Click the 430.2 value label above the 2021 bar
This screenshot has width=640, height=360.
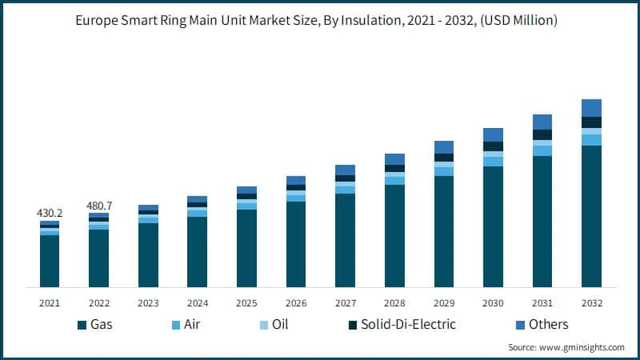tap(49, 214)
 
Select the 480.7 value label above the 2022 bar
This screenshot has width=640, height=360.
tap(98, 206)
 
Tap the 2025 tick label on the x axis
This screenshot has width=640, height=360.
tap(246, 303)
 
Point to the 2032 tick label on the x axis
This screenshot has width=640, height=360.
tap(591, 303)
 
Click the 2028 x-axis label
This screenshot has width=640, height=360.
tap(394, 303)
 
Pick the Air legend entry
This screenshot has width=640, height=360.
tap(186, 324)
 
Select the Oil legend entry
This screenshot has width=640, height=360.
tap(274, 324)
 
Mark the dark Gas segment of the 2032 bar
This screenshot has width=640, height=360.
tap(591, 216)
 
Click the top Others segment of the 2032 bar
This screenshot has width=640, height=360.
tap(591, 108)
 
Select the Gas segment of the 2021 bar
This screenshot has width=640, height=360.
tap(49, 261)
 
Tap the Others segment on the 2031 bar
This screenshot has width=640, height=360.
tap(542, 122)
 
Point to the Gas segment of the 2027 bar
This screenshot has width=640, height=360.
tap(345, 240)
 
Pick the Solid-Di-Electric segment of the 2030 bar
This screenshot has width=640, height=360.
tap(493, 146)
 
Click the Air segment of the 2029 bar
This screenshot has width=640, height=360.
tap(444, 171)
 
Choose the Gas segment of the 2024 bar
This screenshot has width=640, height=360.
tap(197, 252)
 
